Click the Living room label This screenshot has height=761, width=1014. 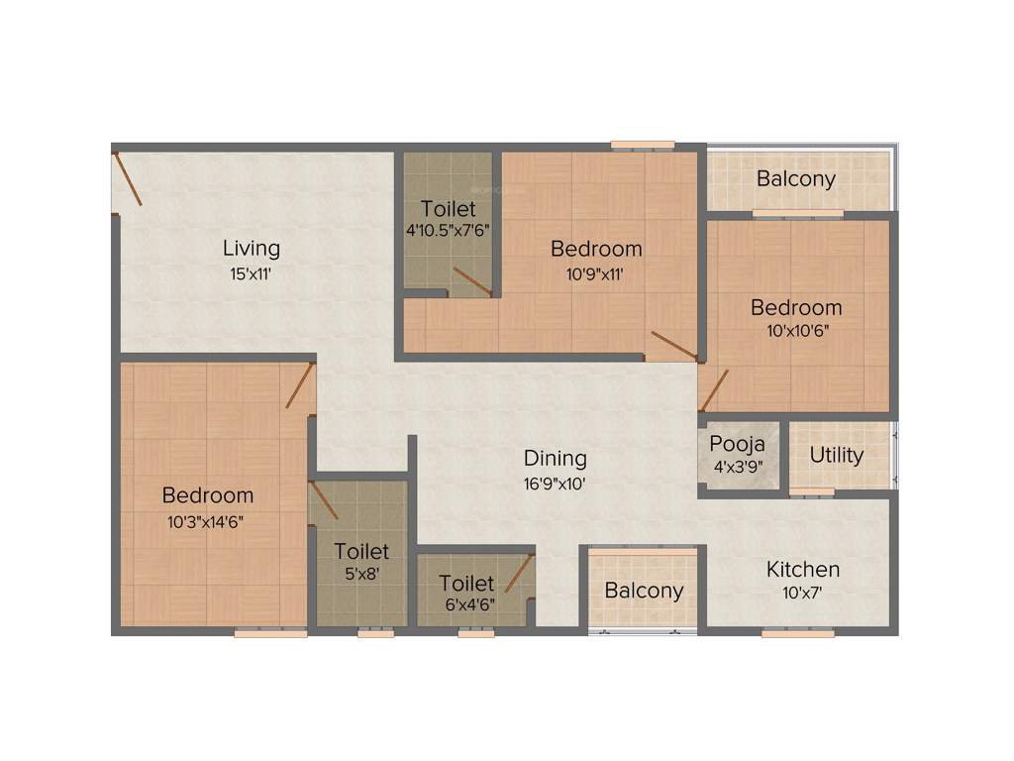point(251,248)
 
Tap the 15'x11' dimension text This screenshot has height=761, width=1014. point(251,274)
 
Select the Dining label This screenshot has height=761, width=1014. point(555,458)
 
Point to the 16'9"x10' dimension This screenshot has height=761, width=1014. point(555,485)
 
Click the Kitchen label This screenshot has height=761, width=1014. point(803,569)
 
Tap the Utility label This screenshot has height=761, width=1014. point(837,456)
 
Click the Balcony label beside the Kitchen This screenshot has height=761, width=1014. point(644,591)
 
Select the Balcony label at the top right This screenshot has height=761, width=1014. point(796,179)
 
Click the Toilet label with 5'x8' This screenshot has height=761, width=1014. point(361,551)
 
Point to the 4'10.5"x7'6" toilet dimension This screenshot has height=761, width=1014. point(448,230)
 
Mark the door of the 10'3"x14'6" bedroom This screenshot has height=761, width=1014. point(300,386)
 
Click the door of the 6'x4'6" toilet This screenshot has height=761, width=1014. point(520,572)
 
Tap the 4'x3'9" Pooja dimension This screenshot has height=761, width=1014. point(737,465)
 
